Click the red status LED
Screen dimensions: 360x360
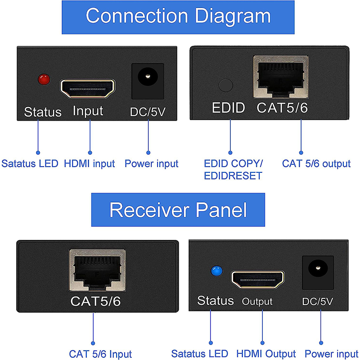coord(44,80)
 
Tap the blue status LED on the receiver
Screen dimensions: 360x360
coord(216,271)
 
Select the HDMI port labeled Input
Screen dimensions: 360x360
coord(87,89)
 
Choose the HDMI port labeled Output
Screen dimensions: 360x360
coord(257,279)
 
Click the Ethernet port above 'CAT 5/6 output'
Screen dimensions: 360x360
coord(281,76)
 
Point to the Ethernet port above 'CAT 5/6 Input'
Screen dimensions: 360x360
coord(97,270)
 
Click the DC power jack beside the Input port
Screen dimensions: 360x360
coord(148,81)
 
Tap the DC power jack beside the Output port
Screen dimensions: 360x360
coord(318,273)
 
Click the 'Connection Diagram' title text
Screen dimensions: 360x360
coord(178,16)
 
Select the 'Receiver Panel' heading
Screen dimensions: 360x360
coord(178,210)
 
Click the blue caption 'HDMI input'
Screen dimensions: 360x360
coord(89,164)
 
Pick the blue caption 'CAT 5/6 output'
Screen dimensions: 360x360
coord(316,164)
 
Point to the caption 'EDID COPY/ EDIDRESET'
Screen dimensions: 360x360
coord(233,170)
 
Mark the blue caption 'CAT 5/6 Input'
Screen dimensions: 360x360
coord(100,354)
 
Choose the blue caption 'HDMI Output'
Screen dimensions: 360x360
coord(266,354)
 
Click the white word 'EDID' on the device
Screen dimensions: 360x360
coord(228,108)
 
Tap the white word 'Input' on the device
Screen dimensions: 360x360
coord(88,111)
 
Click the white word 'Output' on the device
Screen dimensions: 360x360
coord(257,301)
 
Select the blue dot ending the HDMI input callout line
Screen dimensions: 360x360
coord(90,153)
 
